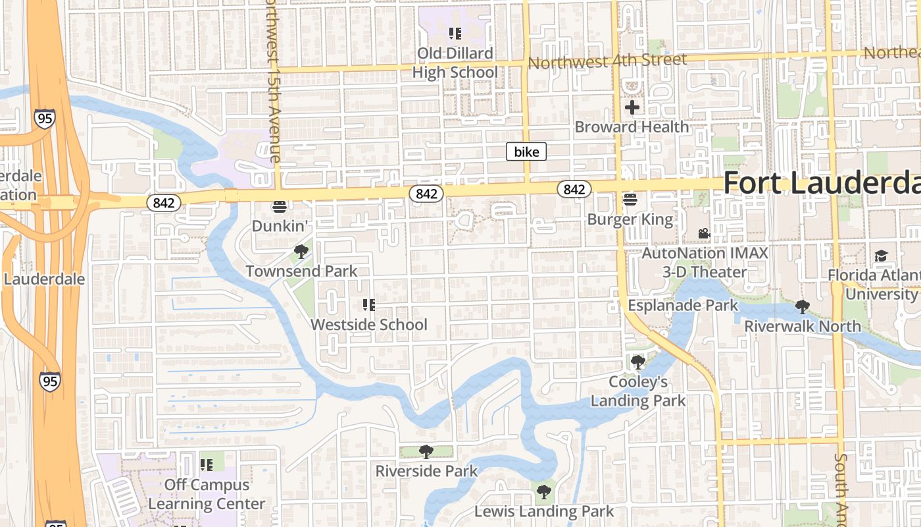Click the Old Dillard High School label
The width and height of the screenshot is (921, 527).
455,63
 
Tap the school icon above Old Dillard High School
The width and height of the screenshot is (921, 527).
455,33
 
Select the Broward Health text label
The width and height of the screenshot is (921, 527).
632,127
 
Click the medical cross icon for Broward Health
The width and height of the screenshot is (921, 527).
632,107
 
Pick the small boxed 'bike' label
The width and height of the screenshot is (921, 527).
526,152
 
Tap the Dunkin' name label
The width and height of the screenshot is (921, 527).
280,226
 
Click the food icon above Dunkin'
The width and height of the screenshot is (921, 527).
280,207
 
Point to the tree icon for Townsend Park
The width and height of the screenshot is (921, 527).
301,252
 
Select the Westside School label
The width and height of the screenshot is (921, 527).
368,325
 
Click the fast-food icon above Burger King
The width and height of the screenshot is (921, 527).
630,199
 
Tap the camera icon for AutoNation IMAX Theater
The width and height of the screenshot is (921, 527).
704,233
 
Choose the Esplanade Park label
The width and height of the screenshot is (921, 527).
683,306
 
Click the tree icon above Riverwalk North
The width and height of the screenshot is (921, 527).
802,306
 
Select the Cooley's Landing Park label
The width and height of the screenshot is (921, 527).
637,391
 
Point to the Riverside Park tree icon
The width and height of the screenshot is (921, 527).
426,452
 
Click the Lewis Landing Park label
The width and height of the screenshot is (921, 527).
544,511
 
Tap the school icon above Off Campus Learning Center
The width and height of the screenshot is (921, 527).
207,465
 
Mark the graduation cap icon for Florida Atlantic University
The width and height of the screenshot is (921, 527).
881,256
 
